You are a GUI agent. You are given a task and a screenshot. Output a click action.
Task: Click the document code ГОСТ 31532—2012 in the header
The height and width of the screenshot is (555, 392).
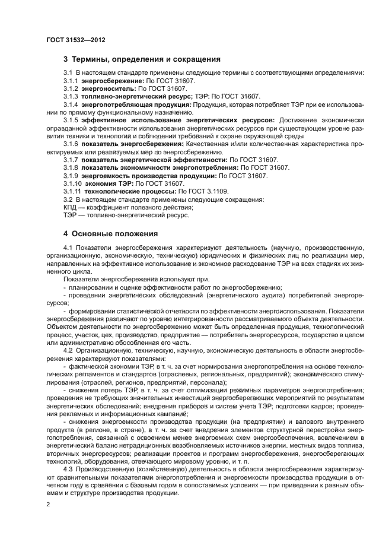click(x=76, y=40)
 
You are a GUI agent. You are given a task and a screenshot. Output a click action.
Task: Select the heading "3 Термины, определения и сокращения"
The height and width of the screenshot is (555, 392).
click(x=142, y=59)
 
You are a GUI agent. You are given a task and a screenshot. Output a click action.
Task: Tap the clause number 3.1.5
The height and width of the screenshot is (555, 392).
click(x=71, y=120)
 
